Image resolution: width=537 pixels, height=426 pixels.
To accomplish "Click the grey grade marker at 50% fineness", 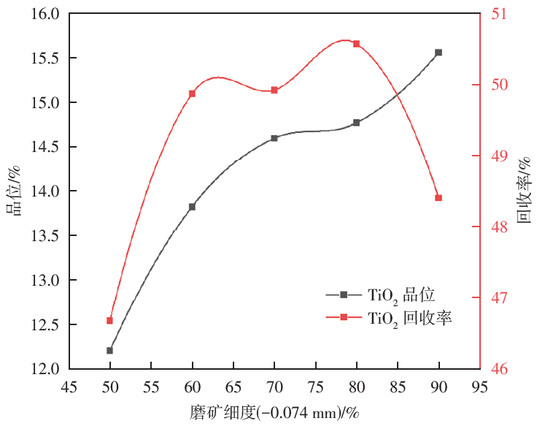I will coord(110,351).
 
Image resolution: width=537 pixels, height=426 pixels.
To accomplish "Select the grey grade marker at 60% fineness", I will coord(193,207).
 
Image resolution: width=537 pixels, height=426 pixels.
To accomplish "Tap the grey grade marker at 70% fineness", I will coord(274,138).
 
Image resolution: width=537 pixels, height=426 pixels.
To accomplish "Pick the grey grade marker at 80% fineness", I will coord(357,123).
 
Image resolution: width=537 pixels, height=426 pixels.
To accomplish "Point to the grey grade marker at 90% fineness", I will coord(439,53).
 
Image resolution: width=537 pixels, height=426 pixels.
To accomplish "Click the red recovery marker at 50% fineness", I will coord(110,321).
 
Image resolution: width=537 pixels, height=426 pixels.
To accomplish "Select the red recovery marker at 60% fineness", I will coord(193,94).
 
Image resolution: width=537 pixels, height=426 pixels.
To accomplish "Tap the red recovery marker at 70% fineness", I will coord(274,90).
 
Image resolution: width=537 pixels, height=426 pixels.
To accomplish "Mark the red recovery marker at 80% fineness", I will coord(357,44).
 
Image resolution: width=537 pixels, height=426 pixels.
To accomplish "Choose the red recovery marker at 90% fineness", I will coord(439,198).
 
